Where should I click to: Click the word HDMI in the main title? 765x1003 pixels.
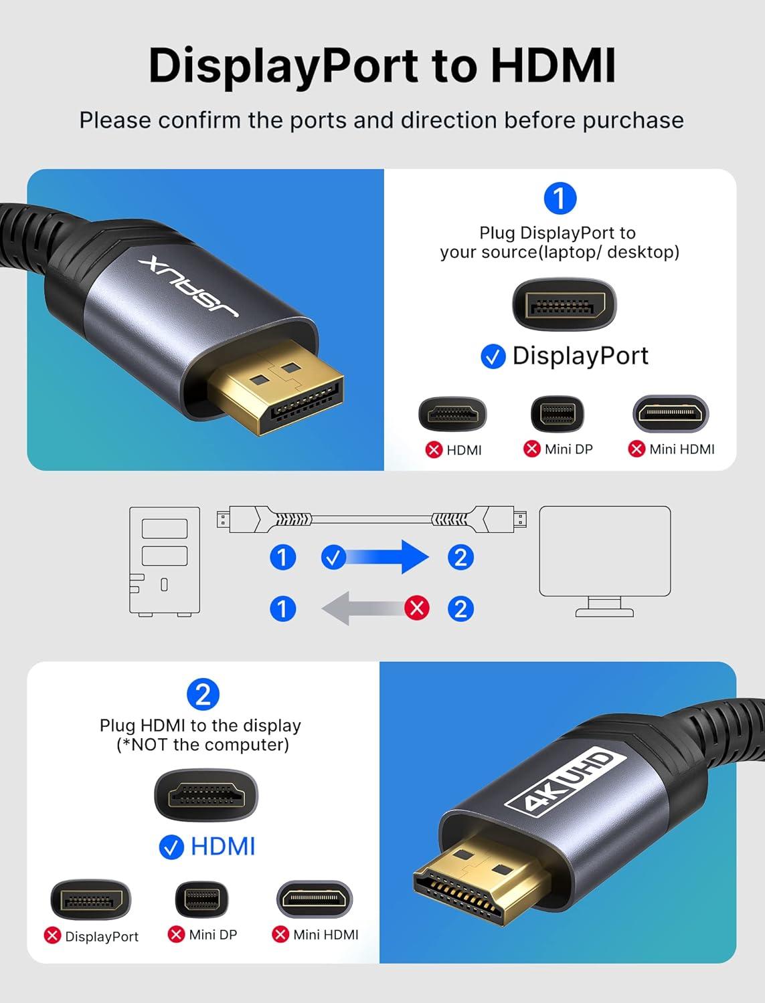tap(553, 66)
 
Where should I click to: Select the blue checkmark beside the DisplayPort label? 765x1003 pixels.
tap(493, 356)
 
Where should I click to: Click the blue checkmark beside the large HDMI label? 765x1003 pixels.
tap(171, 847)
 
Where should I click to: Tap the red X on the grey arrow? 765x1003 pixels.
tap(417, 608)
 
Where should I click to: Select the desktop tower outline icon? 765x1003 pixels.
tap(164, 560)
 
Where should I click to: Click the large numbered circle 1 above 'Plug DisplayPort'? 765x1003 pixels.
tap(560, 199)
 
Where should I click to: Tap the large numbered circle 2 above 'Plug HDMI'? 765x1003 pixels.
tap(203, 694)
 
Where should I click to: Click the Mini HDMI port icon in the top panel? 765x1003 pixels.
tap(671, 414)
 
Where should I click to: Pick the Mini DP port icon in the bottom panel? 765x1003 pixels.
tap(201, 900)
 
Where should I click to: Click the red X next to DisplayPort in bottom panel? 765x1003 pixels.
tap(52, 935)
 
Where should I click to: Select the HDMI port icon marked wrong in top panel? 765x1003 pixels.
tap(452, 415)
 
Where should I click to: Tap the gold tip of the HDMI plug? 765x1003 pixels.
tap(469, 883)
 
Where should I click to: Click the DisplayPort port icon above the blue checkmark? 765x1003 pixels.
tap(564, 305)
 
